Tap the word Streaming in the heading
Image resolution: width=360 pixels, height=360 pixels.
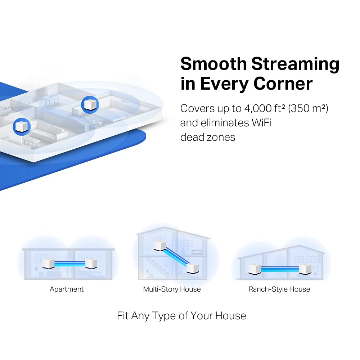[x=295, y=64]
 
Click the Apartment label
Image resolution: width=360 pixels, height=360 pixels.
[x=67, y=289]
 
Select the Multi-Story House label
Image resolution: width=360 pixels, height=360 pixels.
[x=172, y=289]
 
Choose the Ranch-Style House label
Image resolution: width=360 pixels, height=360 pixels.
[x=279, y=289]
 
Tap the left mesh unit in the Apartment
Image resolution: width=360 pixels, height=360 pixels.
[x=48, y=264]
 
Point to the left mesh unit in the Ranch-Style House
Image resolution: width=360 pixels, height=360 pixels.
[x=255, y=269]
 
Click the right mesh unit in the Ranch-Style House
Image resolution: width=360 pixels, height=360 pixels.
[x=305, y=269]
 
